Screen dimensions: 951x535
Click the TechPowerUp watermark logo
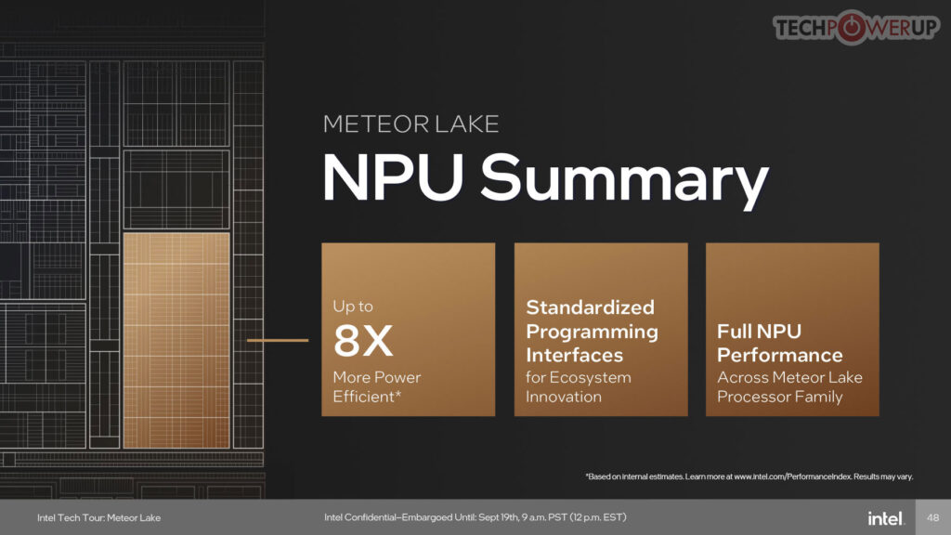tap(855, 28)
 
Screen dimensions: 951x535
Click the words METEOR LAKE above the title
tap(410, 124)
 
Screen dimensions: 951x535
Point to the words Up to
tap(352, 307)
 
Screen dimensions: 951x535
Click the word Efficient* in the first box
tap(367, 397)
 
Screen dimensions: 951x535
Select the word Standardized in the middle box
tap(590, 307)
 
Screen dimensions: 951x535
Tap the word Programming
tap(592, 333)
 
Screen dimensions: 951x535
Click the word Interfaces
tap(574, 355)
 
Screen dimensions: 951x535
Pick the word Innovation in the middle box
tap(564, 397)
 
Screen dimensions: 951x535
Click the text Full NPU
tap(759, 332)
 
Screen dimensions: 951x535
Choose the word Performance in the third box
tap(779, 355)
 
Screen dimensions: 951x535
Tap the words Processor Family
tap(779, 398)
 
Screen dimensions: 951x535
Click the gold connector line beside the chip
tap(278, 340)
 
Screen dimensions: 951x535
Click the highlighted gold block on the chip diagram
tap(176, 341)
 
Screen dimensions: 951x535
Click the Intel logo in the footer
tap(885, 518)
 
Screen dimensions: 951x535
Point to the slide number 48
tap(932, 517)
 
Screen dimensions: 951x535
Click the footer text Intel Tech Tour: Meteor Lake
tap(98, 518)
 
